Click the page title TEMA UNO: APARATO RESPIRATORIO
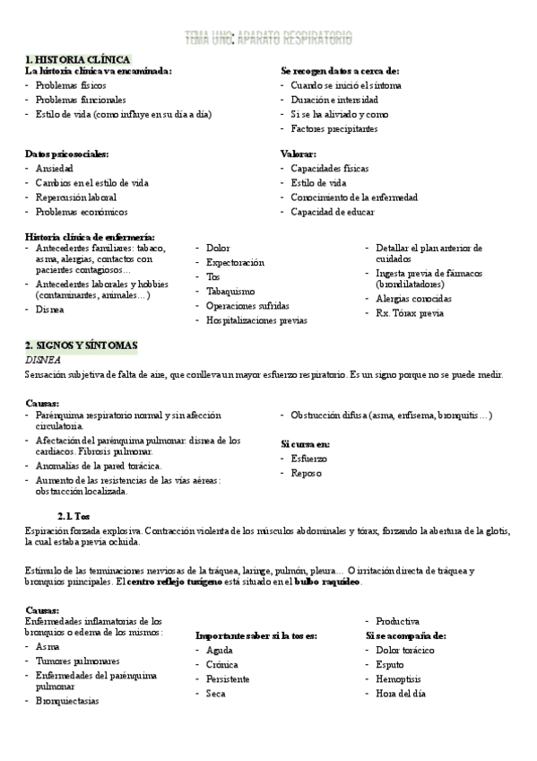[x=268, y=38]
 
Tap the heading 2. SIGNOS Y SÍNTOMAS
[x=82, y=345]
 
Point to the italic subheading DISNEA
[x=43, y=359]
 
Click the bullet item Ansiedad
[x=55, y=168]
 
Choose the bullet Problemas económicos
[x=82, y=212]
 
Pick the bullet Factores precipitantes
[x=333, y=128]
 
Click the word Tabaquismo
[x=230, y=291]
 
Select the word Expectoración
[x=235, y=262]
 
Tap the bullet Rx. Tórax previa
[x=410, y=313]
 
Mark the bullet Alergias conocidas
[x=413, y=298]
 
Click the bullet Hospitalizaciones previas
[x=256, y=319]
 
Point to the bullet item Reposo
[x=307, y=473]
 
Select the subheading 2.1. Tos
[x=74, y=517]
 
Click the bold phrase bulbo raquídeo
[x=327, y=582]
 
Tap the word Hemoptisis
[x=401, y=679]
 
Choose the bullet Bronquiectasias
[x=67, y=701]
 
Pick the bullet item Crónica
[x=222, y=665]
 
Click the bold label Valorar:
[x=298, y=153]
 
